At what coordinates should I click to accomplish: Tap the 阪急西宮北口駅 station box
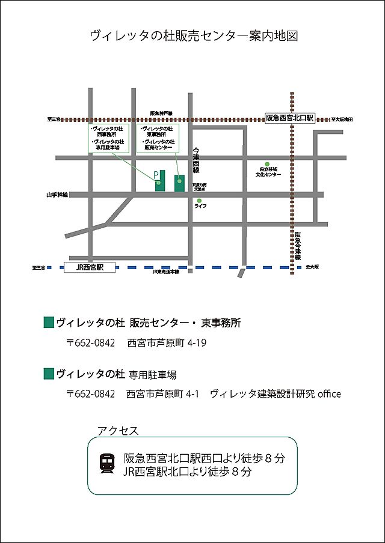tap(290, 118)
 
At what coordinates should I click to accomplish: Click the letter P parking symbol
tap(156, 175)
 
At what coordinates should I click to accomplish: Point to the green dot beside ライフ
tap(200, 201)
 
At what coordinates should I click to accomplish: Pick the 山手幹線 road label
tap(57, 195)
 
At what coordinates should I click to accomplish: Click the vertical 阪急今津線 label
tap(298, 246)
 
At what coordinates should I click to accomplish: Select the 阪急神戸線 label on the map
tap(161, 113)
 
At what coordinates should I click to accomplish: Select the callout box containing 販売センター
tap(158, 138)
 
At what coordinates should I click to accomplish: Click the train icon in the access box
tap(108, 463)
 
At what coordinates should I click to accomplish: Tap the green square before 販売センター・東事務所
tap(49, 323)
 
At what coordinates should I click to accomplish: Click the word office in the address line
tap(329, 394)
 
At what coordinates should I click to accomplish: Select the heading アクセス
tap(118, 431)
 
